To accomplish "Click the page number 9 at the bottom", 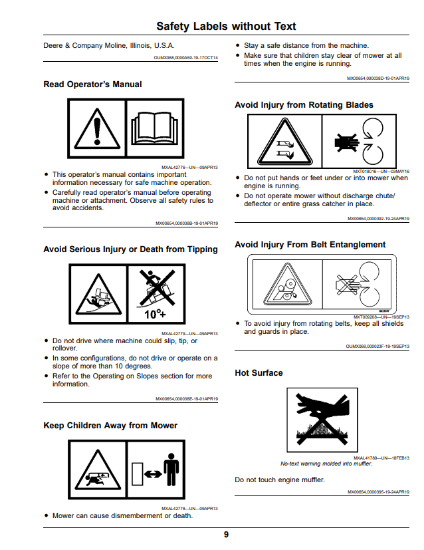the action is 226,534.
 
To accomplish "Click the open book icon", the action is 155,128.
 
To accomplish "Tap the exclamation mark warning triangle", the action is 97,129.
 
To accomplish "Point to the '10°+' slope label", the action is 155,313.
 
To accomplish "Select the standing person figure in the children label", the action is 171,470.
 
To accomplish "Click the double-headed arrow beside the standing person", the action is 153,474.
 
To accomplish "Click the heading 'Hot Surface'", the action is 259,373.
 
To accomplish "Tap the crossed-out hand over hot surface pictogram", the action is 322,420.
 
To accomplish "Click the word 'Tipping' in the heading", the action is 203,249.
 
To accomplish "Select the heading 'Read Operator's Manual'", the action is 92,84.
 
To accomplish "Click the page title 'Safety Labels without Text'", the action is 226,26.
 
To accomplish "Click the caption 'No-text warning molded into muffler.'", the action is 326,464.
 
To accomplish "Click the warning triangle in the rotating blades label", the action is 284,142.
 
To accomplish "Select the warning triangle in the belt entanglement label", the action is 287,284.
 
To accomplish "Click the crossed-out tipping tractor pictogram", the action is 157,287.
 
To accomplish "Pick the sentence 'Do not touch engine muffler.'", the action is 280,480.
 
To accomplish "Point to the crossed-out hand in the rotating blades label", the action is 346,142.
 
